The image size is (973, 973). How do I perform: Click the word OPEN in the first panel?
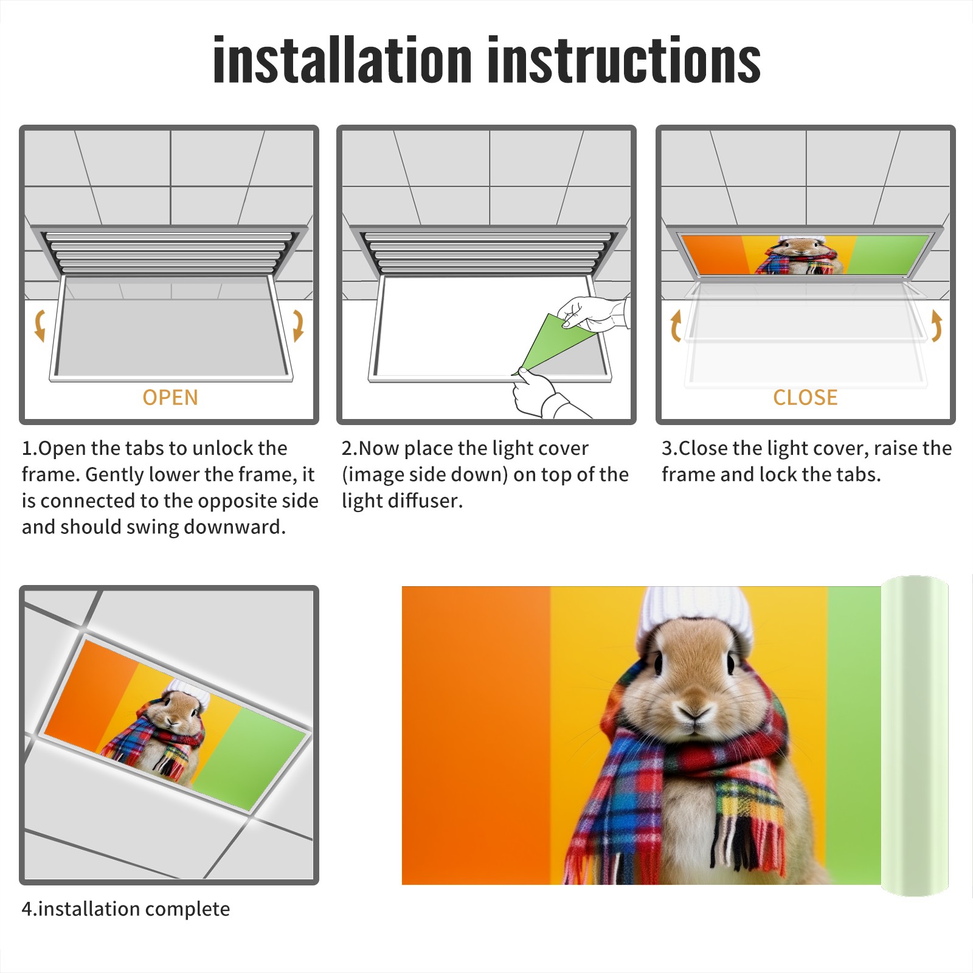170,398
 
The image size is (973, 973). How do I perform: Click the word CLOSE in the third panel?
805,398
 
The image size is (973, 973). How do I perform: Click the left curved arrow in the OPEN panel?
39,325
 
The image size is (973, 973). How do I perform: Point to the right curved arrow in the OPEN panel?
299,325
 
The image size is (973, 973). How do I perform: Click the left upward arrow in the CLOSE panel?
676,325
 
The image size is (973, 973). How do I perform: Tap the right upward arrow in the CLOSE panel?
937,325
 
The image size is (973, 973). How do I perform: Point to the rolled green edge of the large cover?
915,735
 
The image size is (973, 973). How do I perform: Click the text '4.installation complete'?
126,909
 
